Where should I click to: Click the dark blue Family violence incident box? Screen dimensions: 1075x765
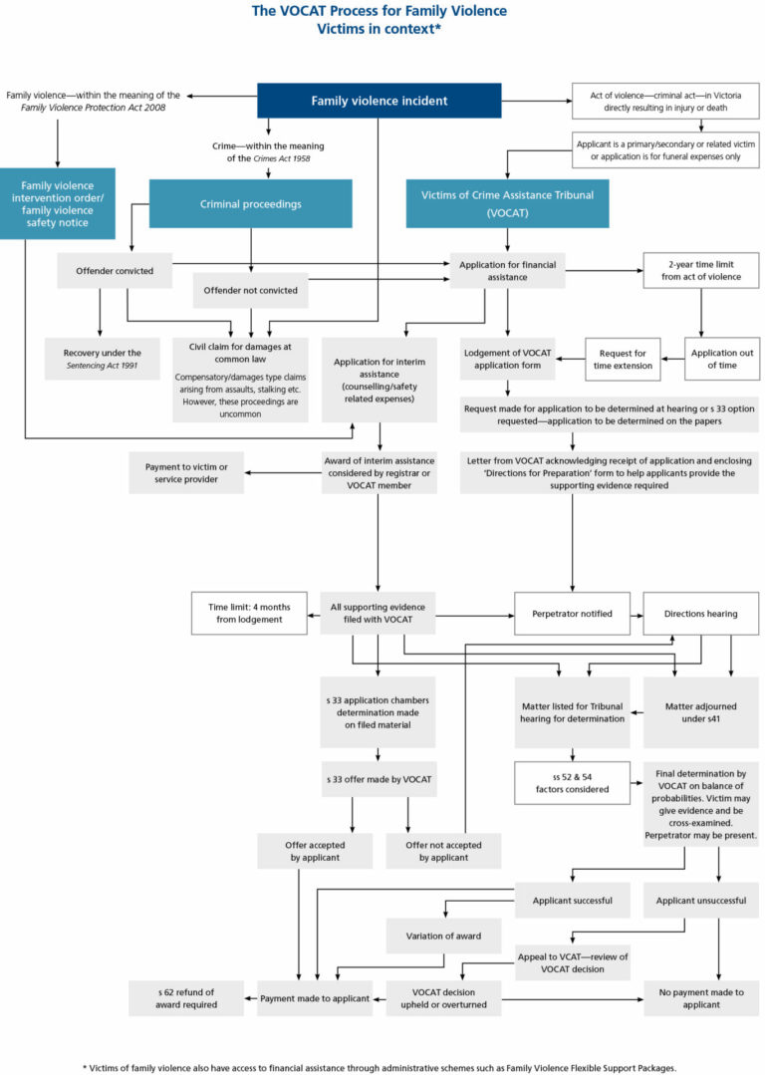tap(380, 101)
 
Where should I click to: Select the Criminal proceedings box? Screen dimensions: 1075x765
tap(250, 204)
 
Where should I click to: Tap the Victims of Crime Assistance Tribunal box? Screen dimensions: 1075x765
tap(508, 203)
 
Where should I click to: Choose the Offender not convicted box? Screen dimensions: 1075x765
tap(250, 291)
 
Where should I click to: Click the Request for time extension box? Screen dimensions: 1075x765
tap(623, 359)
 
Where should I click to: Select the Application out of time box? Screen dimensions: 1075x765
tap(722, 359)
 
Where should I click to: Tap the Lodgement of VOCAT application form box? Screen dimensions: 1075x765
tap(508, 359)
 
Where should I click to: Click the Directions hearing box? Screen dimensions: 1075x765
tap(700, 614)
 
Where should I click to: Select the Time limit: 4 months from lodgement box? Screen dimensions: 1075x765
tap(250, 614)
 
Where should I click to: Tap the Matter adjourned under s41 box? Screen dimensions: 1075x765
tap(700, 711)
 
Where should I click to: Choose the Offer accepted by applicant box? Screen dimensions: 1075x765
tap(300, 851)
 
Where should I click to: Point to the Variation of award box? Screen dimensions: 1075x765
tap(443, 935)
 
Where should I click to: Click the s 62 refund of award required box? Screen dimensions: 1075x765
tap(186, 997)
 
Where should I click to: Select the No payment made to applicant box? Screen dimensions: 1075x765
tap(700, 997)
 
